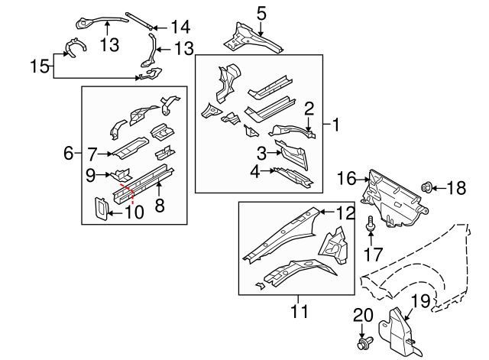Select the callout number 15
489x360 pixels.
tap(38, 66)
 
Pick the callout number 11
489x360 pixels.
tap(299, 311)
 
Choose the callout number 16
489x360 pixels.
tap(346, 180)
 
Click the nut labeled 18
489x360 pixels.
tap(427, 186)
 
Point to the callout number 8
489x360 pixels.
tap(159, 205)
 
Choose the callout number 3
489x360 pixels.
tap(261, 152)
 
